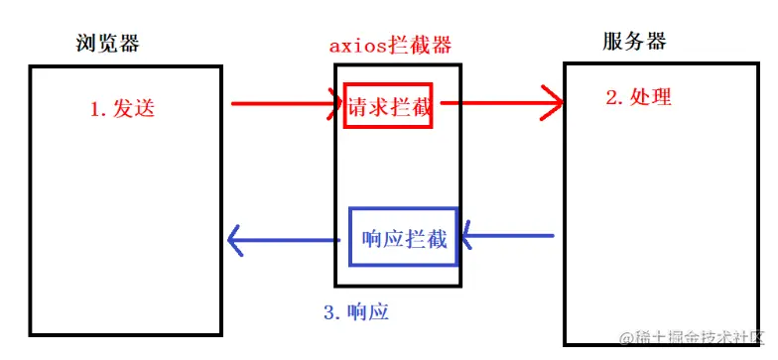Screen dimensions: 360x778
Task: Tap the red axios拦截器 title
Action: (x=390, y=46)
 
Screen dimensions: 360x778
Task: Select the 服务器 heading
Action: (x=634, y=42)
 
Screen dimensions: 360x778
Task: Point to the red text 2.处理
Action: (x=638, y=97)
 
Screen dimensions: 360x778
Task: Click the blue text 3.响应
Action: (x=355, y=312)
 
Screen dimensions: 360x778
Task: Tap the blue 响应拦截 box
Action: (x=403, y=238)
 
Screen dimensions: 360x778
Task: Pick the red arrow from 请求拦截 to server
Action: (x=496, y=101)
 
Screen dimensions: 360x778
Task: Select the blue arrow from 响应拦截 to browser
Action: (x=288, y=239)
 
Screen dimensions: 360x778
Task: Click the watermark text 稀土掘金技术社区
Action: (x=694, y=340)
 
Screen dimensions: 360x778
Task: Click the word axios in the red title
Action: (x=353, y=46)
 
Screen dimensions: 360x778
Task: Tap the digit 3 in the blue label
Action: (x=329, y=312)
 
